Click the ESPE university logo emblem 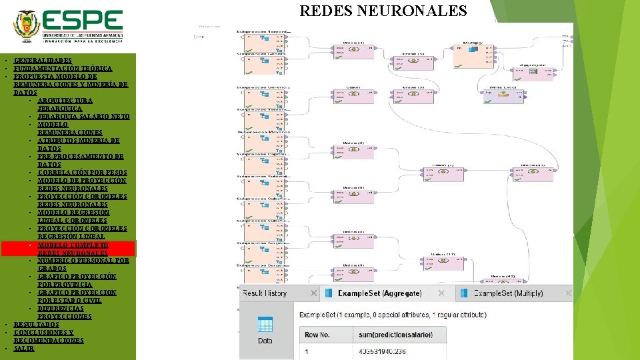(x=27, y=24)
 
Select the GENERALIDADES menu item (x=43, y=60)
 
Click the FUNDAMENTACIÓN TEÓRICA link (x=63, y=68)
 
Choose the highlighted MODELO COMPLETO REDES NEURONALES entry (x=73, y=249)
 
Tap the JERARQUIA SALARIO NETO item (x=83, y=116)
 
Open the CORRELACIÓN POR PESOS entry (x=82, y=172)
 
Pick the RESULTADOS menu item (x=36, y=324)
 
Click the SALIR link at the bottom (x=23, y=348)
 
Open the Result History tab (x=264, y=293)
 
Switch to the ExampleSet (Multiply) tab (x=514, y=293)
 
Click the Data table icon (x=265, y=329)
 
